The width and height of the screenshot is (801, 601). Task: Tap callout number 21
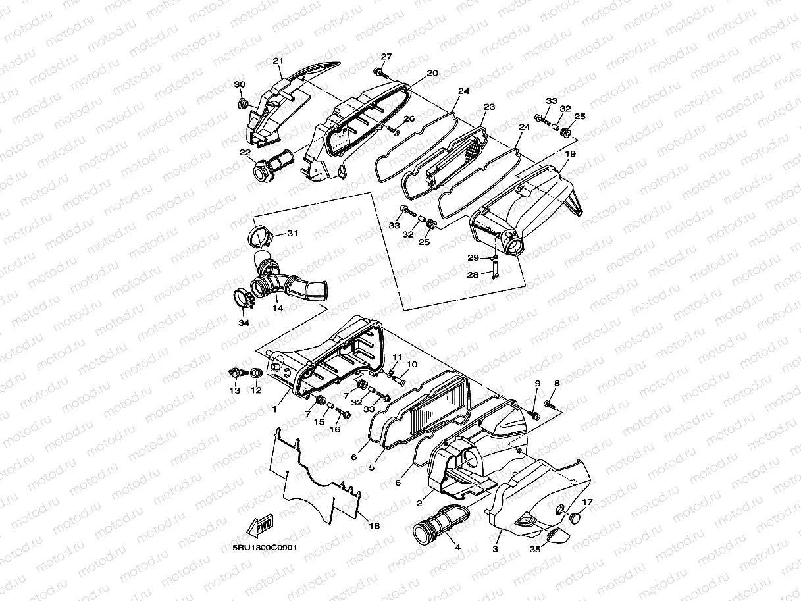point(277,61)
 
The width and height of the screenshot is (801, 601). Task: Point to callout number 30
point(240,84)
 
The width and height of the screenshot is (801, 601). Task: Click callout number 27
point(386,57)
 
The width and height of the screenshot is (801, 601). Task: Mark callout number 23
point(488,107)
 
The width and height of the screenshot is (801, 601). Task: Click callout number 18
point(374,526)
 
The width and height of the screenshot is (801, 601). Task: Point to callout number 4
point(457,546)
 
